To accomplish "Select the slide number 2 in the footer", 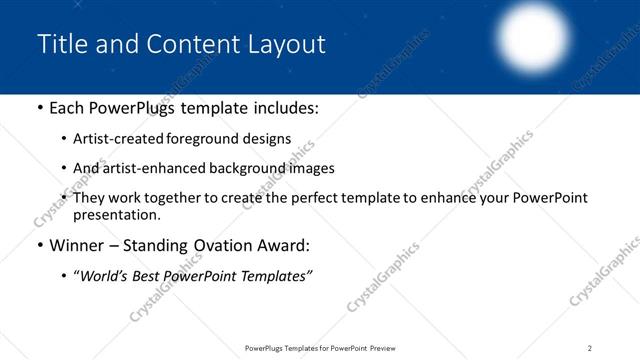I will tap(589, 348).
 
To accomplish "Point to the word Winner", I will tap(79, 245).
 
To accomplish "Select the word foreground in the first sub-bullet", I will tap(210, 139).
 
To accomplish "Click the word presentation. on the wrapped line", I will tap(116, 215).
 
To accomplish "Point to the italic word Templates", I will tap(274, 275).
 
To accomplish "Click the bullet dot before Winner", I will tap(39, 245).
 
